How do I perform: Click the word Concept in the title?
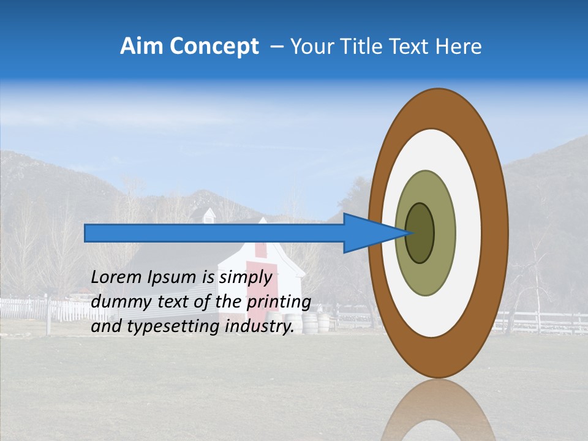[214, 47]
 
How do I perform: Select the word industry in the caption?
[258, 326]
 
